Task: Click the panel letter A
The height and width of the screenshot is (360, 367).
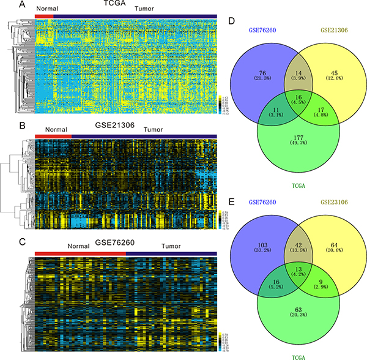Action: point(5,5)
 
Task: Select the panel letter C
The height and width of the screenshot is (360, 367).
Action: point(5,242)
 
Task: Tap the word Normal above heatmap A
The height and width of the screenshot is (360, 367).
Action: point(46,10)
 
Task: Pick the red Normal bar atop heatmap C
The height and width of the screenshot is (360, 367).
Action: point(80,252)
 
